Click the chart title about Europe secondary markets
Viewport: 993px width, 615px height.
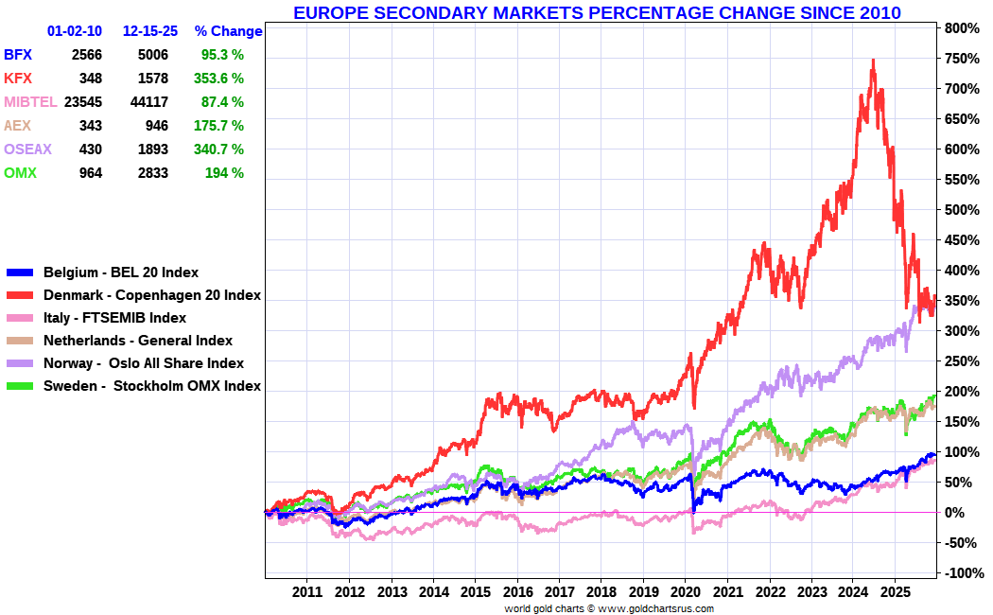597,13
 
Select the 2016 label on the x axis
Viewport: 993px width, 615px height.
517,591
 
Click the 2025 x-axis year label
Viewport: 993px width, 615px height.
896,591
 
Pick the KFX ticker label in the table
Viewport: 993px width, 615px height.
18,79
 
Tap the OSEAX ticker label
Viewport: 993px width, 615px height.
28,149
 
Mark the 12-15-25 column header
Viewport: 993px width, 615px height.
150,31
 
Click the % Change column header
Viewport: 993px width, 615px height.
228,31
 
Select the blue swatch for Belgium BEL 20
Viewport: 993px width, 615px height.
20,272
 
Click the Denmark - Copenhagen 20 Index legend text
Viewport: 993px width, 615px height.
152,295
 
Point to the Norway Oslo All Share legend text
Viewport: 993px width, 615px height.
144,363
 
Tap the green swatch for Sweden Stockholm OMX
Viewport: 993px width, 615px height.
20,386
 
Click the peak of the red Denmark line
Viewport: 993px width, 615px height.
872,61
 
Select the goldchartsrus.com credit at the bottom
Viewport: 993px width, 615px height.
609,608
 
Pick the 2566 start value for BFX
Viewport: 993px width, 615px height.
86,55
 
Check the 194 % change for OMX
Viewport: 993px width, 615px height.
224,173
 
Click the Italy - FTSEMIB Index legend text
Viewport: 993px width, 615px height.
114,318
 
